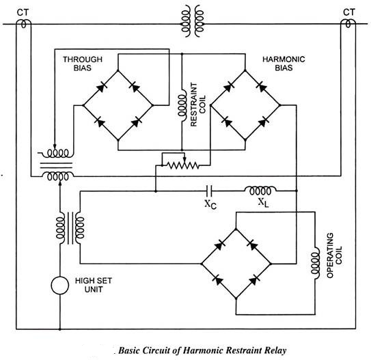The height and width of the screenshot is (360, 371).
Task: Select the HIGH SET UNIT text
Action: [x=94, y=286]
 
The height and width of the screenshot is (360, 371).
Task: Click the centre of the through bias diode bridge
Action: [x=118, y=106]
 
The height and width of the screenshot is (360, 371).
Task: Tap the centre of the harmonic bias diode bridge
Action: [x=245, y=106]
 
